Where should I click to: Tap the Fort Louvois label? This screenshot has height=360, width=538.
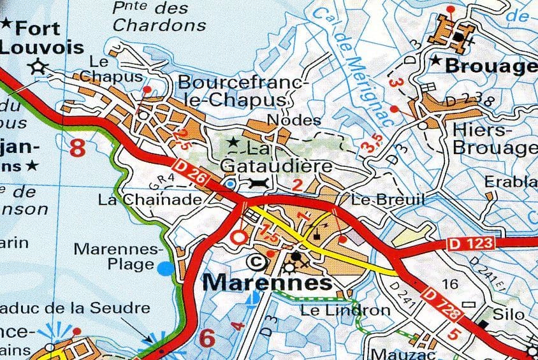coord(41,38)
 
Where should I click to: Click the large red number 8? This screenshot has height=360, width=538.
coord(77,148)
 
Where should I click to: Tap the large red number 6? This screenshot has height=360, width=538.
coord(207,338)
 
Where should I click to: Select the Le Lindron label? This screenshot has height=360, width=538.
coord(345,310)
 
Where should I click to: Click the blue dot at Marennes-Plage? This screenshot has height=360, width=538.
coord(165,268)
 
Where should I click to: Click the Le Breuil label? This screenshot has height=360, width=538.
coord(388,199)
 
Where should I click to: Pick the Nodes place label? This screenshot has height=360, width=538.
coord(285,120)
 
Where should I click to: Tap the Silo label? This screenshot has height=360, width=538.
coord(509,314)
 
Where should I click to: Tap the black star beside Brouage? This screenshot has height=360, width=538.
coord(436,61)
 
